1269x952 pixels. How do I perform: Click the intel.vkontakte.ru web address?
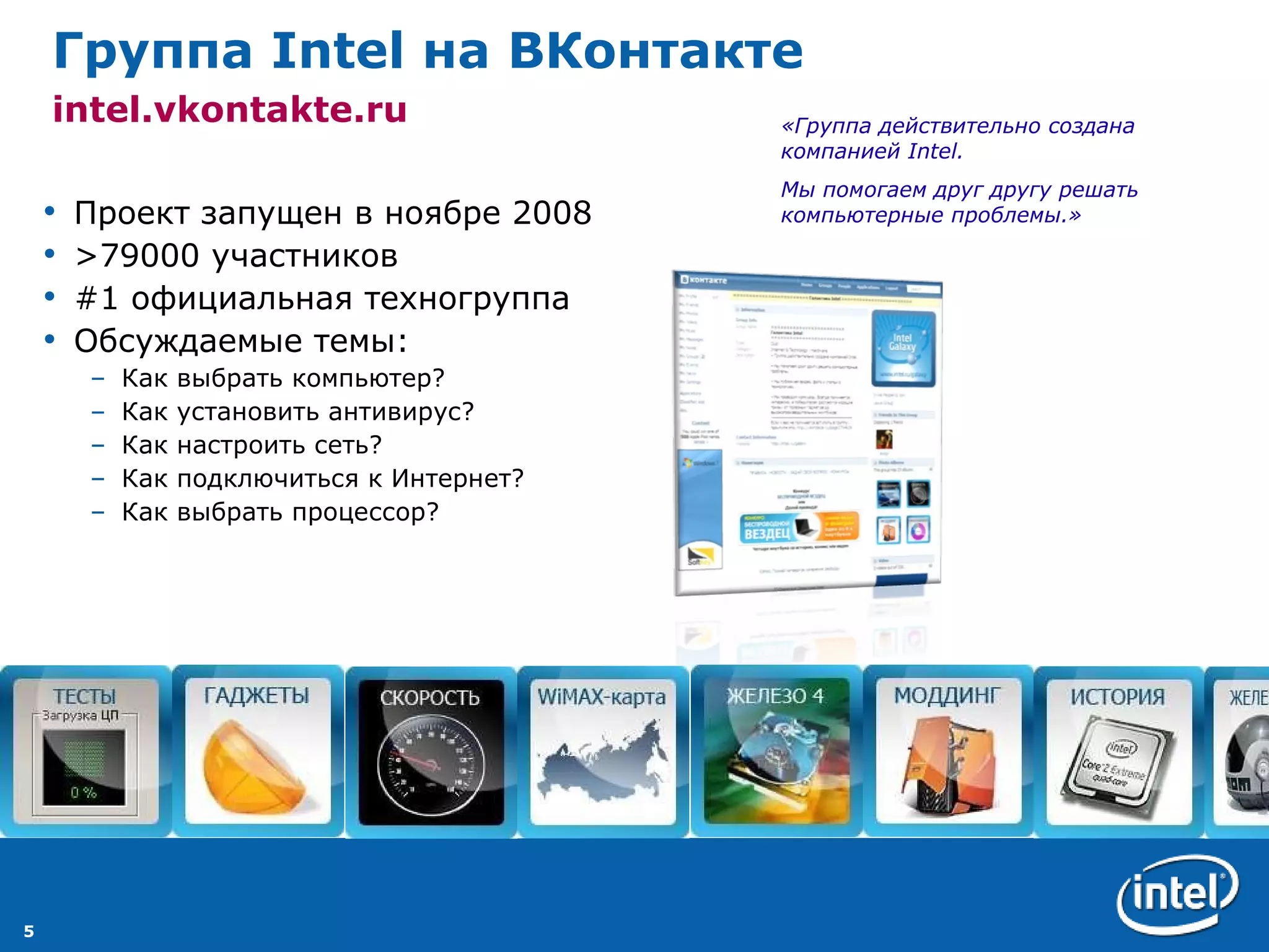click(x=230, y=110)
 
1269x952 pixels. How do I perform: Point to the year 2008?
click(x=551, y=213)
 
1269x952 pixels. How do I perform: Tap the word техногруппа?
click(x=467, y=299)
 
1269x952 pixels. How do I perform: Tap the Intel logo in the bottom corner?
click(x=1177, y=893)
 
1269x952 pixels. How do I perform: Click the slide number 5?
click(x=29, y=930)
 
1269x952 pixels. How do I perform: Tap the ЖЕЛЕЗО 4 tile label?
click(x=775, y=696)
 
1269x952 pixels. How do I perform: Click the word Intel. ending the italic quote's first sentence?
click(x=935, y=151)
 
